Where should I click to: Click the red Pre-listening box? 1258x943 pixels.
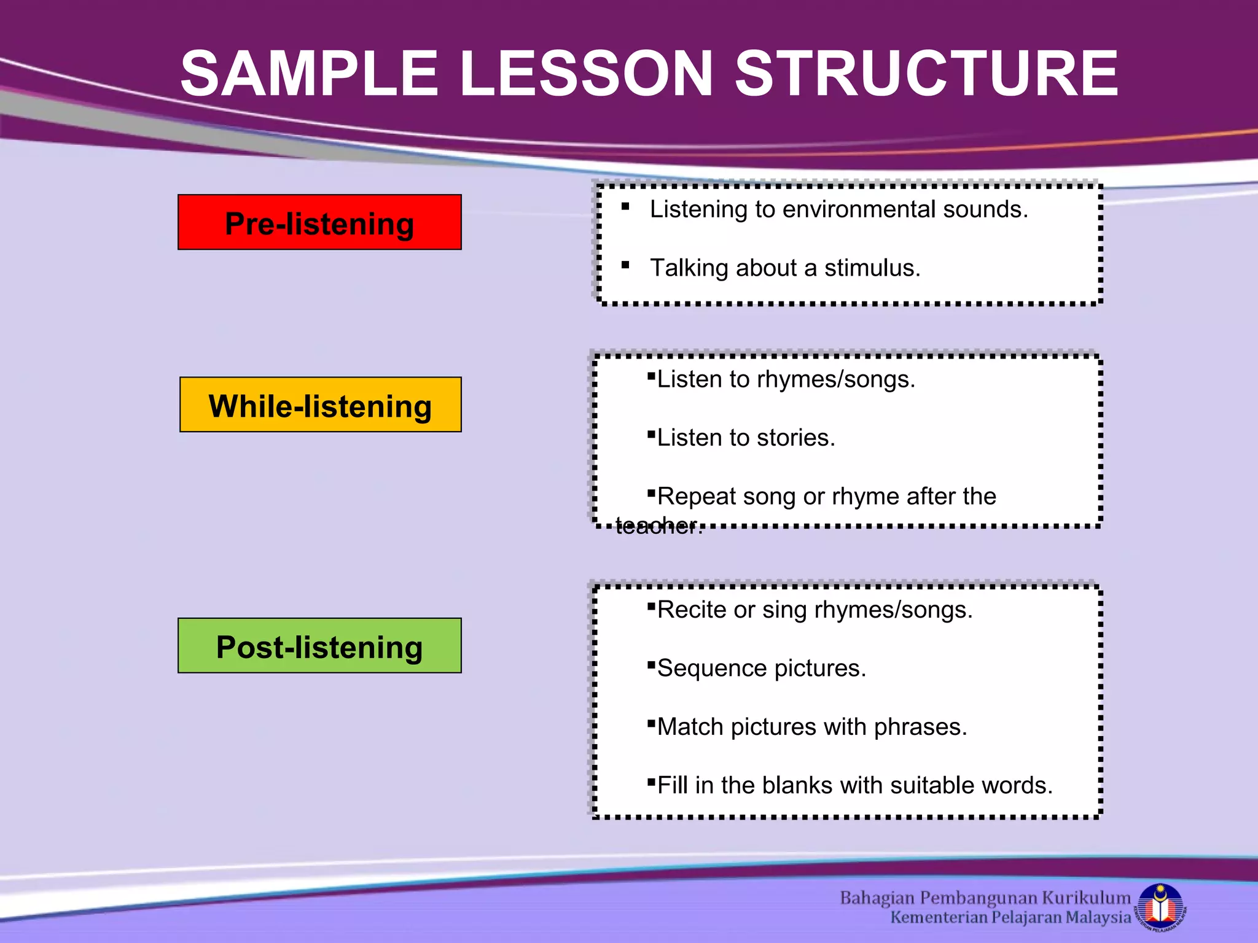319,222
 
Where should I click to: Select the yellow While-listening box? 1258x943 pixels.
320,405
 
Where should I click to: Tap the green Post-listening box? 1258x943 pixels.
319,646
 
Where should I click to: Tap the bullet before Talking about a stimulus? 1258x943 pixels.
625,265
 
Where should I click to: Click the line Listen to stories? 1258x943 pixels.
746,438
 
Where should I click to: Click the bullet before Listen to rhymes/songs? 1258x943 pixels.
651,376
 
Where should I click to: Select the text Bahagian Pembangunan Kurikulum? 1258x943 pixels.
985,898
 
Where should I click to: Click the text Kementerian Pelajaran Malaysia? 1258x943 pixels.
1010,917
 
